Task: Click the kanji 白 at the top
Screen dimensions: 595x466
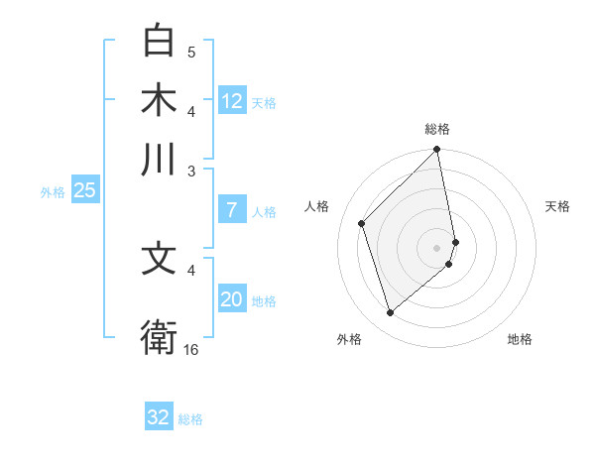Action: coord(160,42)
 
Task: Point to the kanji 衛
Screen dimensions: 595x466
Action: coord(160,335)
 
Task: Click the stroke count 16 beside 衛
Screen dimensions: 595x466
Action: coord(191,349)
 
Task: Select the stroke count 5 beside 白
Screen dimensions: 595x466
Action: coord(191,52)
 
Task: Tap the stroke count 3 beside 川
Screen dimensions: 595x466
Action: coord(191,171)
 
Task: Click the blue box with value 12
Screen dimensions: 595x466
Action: coord(232,100)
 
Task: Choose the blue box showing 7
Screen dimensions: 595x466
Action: coord(232,209)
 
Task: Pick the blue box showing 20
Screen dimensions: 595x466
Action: coord(232,299)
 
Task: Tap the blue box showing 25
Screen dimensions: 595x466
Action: coord(84,190)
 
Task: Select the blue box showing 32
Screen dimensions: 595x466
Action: coord(159,417)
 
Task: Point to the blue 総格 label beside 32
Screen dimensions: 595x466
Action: coord(190,419)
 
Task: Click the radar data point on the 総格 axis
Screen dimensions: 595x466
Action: coord(437,151)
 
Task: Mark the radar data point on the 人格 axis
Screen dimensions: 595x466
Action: coord(362,223)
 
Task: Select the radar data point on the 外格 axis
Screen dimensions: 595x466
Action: coord(391,313)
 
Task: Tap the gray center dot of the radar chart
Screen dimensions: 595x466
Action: coord(437,246)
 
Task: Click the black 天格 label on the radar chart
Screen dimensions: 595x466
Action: coord(557,206)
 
